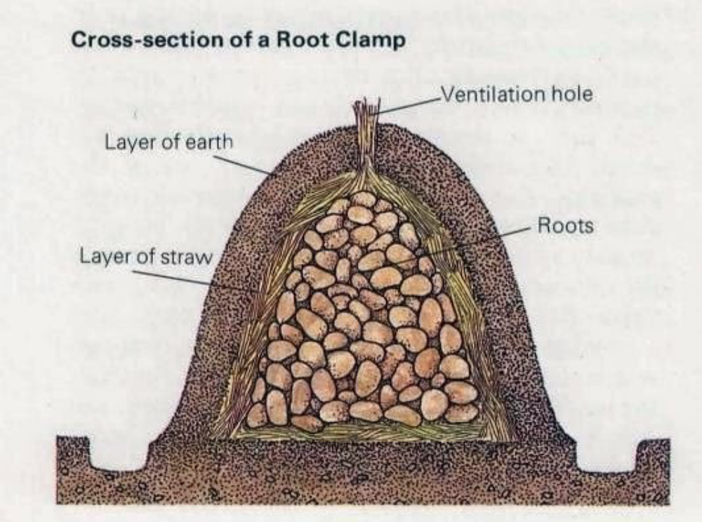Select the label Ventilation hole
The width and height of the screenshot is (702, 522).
pyautogui.click(x=516, y=93)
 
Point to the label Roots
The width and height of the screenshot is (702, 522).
pyautogui.click(x=565, y=226)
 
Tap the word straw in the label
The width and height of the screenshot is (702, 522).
pyautogui.click(x=188, y=257)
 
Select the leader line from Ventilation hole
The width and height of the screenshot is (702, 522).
pyautogui.click(x=407, y=103)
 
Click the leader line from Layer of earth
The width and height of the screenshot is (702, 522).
pyautogui.click(x=242, y=166)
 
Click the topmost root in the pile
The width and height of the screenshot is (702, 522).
pyautogui.click(x=364, y=199)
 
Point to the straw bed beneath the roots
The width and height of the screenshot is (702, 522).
pyautogui.click(x=365, y=434)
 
